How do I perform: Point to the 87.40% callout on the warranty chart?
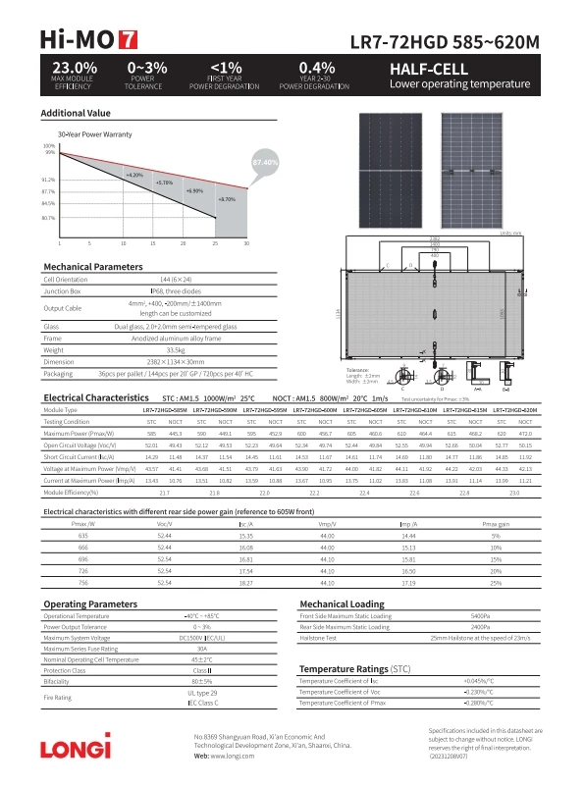click(265, 161)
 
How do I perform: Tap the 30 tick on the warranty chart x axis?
click(246, 242)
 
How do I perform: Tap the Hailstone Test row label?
click(320, 638)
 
